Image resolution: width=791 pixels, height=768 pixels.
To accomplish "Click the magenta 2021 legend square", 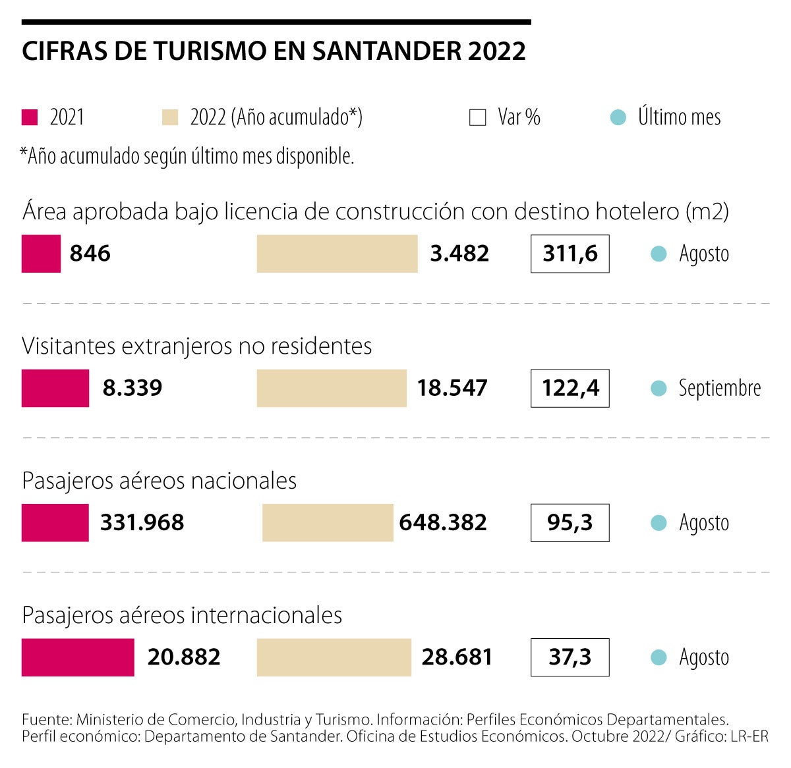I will click(30, 117).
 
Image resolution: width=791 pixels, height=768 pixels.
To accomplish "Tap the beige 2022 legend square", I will click(170, 117).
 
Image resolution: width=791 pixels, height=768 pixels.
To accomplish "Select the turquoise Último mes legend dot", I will click(618, 117).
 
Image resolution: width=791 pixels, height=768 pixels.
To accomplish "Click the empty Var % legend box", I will click(478, 117).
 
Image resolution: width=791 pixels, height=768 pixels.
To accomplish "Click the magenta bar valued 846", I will click(41, 254).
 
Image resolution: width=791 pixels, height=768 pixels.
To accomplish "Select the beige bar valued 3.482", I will click(337, 254).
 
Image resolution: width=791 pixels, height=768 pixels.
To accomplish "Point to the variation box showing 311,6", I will click(570, 254).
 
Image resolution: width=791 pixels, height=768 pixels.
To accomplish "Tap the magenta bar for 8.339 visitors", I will click(55, 388).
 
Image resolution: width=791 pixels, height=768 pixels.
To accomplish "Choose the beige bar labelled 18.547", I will click(332, 388).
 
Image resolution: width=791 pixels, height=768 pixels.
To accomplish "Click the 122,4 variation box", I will click(570, 388).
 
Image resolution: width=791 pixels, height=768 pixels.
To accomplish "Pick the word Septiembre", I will click(719, 388).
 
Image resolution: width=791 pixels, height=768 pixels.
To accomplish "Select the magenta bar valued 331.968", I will click(55, 522).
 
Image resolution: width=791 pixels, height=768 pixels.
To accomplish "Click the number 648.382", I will click(443, 522).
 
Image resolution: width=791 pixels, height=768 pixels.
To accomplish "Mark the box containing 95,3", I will click(570, 522).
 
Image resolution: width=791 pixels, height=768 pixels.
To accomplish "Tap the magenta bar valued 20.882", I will click(78, 657).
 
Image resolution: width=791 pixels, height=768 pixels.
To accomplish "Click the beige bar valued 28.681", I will click(334, 657).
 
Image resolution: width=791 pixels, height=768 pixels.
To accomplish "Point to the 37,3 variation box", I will click(570, 657).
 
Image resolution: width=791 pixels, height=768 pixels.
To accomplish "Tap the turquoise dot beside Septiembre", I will click(659, 388).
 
